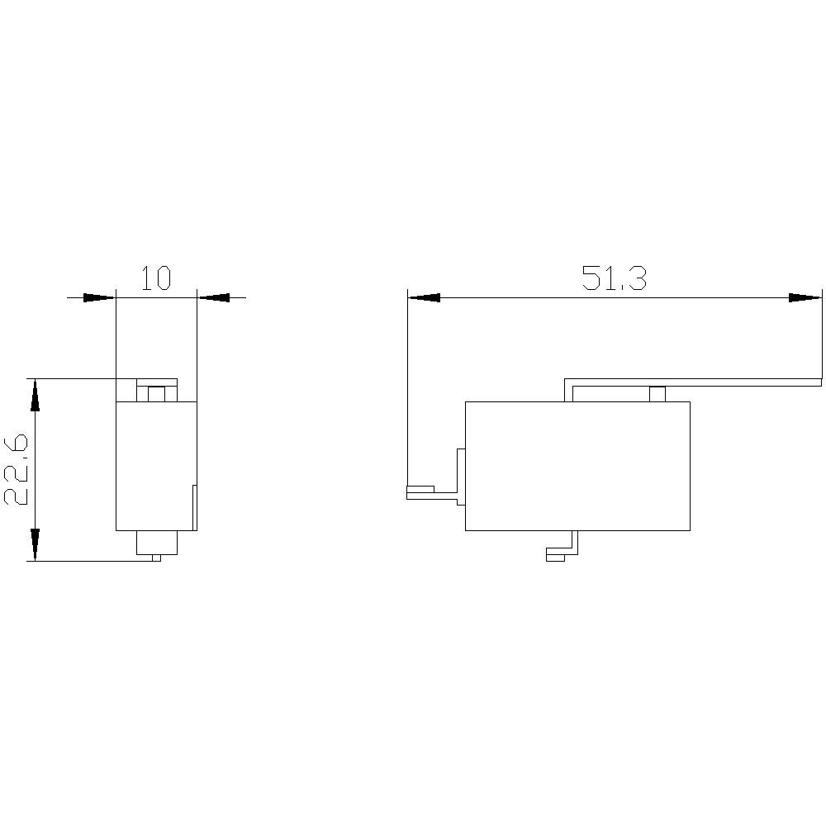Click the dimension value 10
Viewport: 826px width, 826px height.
pyautogui.click(x=155, y=278)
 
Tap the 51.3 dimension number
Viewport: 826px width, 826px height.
pyautogui.click(x=614, y=278)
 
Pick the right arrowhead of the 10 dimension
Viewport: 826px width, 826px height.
pyautogui.click(x=214, y=297)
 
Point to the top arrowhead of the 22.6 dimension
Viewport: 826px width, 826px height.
pyautogui.click(x=35, y=395)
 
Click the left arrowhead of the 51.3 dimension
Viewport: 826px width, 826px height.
pyautogui.click(x=424, y=297)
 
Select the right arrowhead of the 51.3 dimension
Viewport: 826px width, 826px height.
pyautogui.click(x=805, y=297)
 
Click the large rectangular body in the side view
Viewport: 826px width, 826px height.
pyautogui.click(x=577, y=466)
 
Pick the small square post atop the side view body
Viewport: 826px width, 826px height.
pyautogui.click(x=657, y=394)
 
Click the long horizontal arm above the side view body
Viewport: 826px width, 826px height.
pyautogui.click(x=694, y=382)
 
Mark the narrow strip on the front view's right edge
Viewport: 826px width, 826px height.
pyautogui.click(x=195, y=507)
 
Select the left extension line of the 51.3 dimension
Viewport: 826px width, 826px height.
pyautogui.click(x=407, y=388)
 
